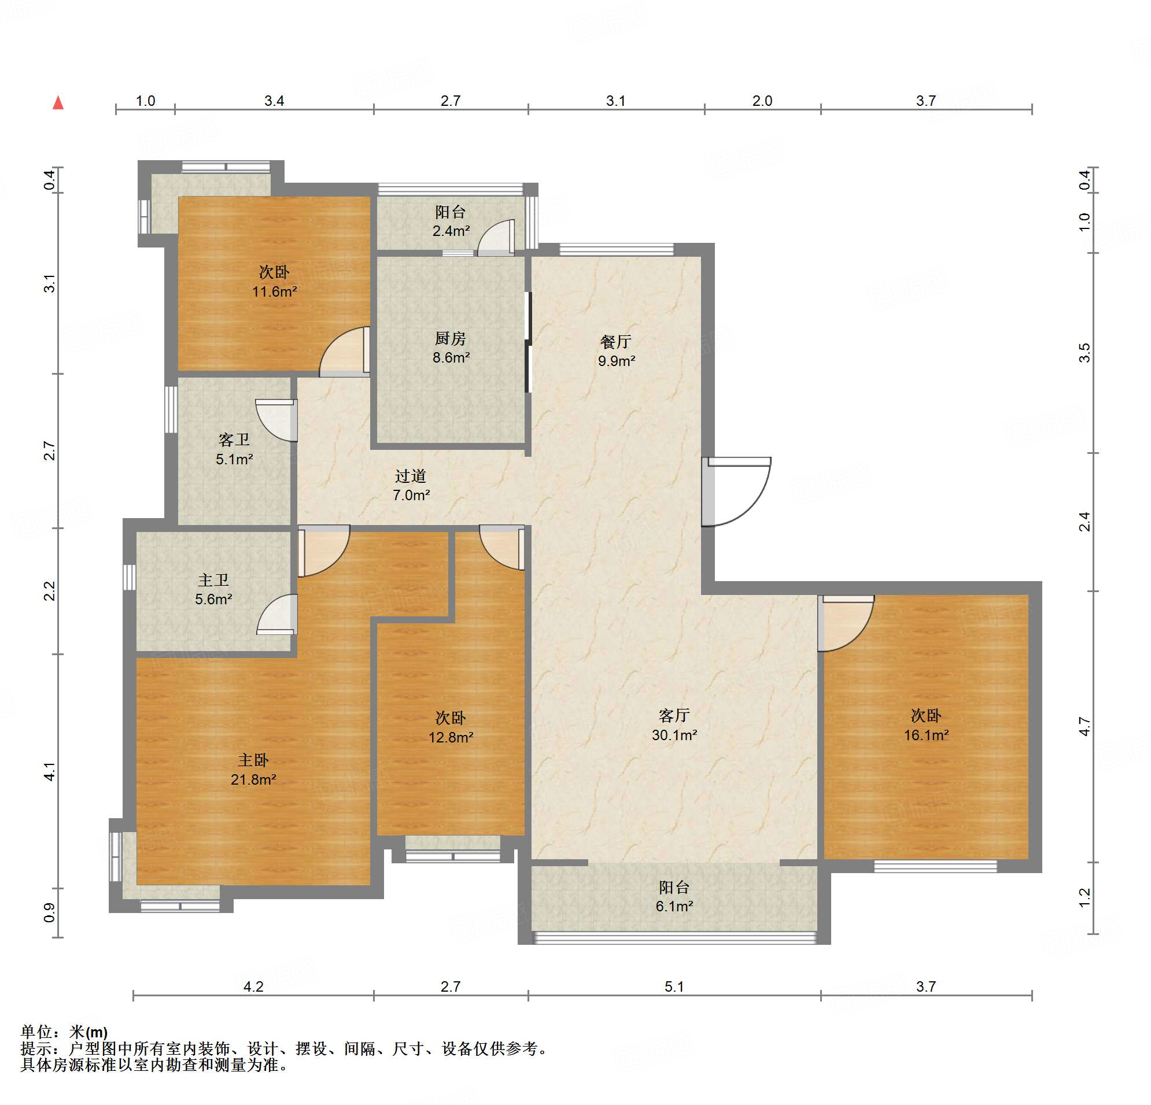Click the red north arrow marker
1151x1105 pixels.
click(x=58, y=103)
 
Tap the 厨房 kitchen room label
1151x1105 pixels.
click(x=451, y=338)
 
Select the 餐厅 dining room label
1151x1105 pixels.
click(x=616, y=342)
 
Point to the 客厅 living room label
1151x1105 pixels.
click(x=674, y=715)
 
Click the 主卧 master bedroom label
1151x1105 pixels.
click(x=253, y=760)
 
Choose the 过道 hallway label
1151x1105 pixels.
click(x=411, y=475)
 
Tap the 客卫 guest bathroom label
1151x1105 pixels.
click(x=234, y=440)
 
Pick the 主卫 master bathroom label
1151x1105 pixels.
click(x=213, y=580)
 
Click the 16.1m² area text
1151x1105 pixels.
click(x=926, y=735)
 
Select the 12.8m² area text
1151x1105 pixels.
click(x=451, y=737)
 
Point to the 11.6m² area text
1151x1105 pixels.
click(x=274, y=292)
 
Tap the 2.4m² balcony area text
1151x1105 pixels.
click(x=451, y=231)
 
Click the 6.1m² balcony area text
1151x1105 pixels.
click(x=674, y=906)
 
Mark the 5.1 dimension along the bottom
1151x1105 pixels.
click(x=674, y=986)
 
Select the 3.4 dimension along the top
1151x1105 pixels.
click(x=274, y=101)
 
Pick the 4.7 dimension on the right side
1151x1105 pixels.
click(x=1084, y=726)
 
